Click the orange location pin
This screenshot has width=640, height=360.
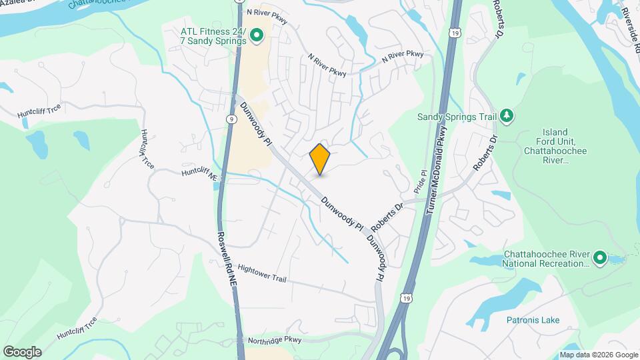(x=320, y=159)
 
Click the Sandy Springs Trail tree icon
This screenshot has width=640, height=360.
(x=508, y=117)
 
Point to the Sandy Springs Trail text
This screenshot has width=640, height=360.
(x=457, y=117)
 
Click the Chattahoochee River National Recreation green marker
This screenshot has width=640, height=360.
(x=599, y=258)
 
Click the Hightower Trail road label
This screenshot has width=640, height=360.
(x=261, y=273)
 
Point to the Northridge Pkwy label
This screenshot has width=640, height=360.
(x=274, y=339)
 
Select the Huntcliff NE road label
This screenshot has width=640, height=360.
(x=200, y=175)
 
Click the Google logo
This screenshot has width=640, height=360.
(x=22, y=351)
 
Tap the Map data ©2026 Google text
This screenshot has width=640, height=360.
(x=598, y=355)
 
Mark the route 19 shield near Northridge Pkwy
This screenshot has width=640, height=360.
(x=406, y=298)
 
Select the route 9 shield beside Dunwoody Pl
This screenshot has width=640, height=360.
(x=231, y=119)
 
